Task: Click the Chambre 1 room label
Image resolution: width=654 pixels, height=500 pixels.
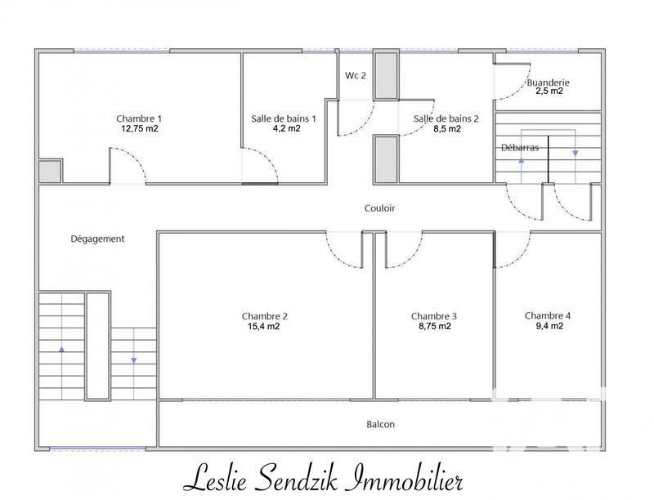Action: click(139, 118)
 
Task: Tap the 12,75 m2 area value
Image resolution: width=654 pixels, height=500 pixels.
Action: click(140, 129)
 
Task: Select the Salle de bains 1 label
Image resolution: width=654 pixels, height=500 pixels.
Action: click(284, 118)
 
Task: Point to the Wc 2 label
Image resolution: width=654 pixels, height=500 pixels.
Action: click(356, 75)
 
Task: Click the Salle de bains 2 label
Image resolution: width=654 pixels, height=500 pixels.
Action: click(446, 118)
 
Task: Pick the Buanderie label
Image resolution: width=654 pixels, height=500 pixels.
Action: click(548, 83)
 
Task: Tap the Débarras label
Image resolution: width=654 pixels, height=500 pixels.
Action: click(520, 148)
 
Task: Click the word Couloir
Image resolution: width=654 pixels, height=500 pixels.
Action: click(379, 208)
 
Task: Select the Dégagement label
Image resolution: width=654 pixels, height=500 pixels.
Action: click(97, 239)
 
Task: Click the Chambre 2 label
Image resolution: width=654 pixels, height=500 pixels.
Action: click(264, 317)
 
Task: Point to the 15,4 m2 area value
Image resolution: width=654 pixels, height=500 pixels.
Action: click(263, 326)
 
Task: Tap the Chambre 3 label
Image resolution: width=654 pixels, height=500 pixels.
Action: click(434, 317)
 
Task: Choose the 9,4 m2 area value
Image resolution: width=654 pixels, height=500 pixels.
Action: click(549, 326)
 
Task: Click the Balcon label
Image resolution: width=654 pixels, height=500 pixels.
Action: click(380, 425)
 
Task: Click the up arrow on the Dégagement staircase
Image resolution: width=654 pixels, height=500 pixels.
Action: click(62, 349)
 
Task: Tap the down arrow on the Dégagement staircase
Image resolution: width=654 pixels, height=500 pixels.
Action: click(133, 360)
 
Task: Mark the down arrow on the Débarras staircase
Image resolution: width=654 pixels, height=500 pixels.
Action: click(576, 154)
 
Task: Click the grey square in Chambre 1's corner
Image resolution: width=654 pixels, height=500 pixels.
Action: click(50, 172)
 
